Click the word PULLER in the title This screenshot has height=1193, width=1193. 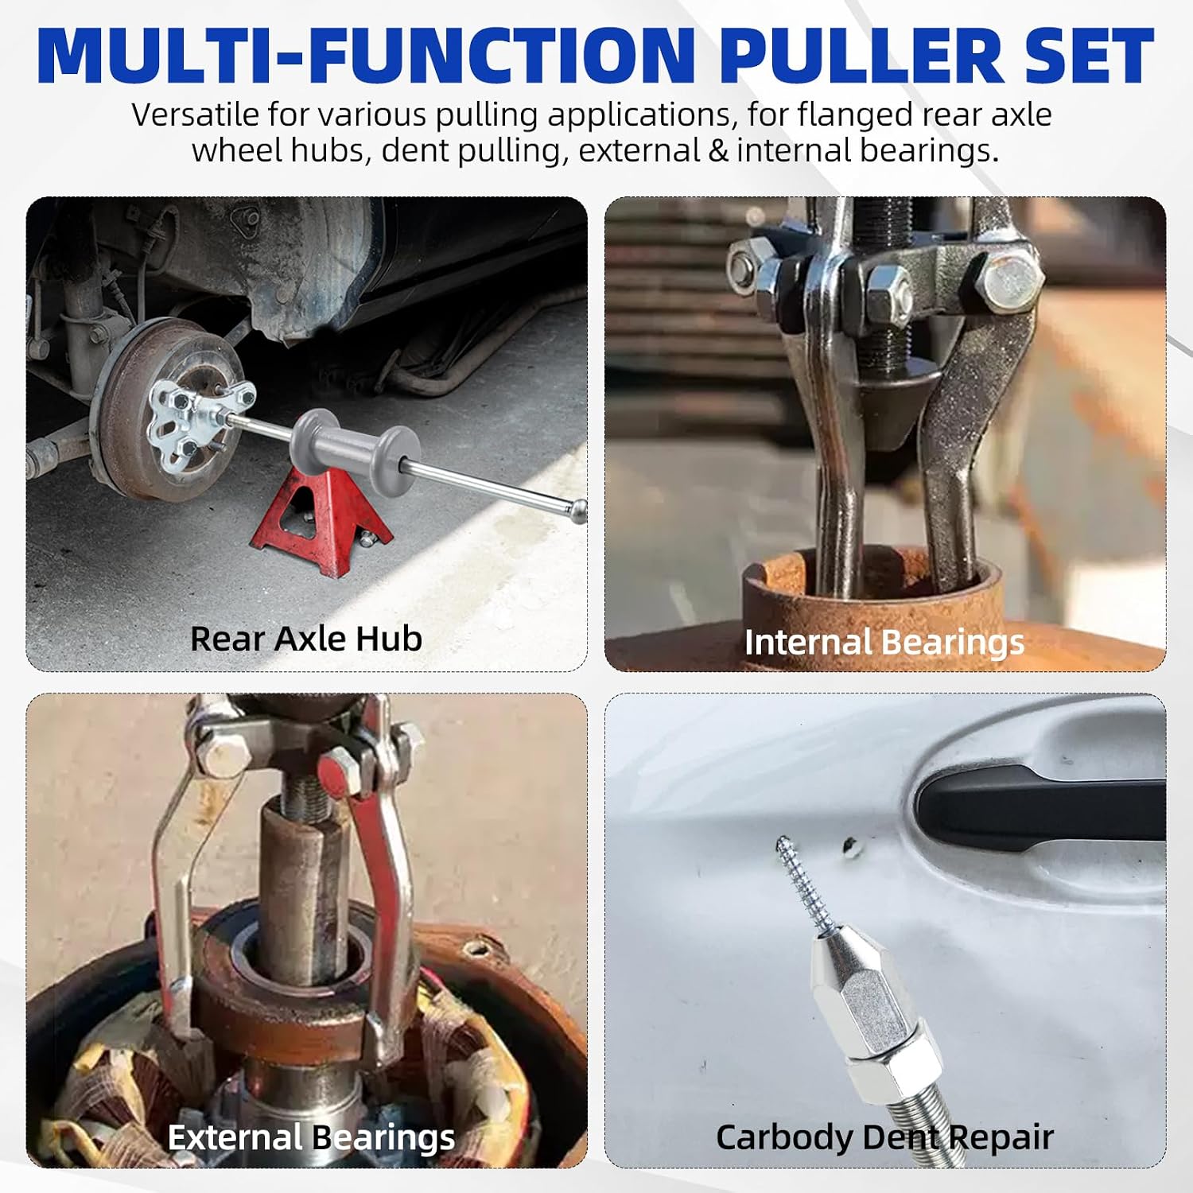tap(862, 56)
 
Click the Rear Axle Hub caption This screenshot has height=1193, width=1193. tap(306, 639)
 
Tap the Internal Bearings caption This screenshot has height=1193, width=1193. tap(884, 643)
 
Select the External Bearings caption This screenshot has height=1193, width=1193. tap(311, 1137)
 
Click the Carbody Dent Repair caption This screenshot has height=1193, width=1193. tap(884, 1137)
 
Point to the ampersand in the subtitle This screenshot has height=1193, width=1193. tap(718, 150)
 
